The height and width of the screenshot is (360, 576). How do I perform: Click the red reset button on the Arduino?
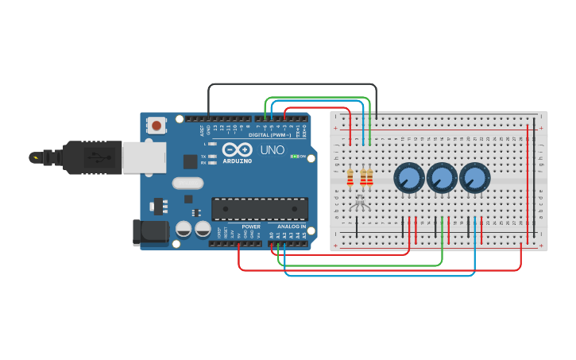pos(157,125)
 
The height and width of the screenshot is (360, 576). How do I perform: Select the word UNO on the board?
pos(273,149)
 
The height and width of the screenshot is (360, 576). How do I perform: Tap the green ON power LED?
pos(295,157)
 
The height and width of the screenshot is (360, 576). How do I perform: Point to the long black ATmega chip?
pos(259,209)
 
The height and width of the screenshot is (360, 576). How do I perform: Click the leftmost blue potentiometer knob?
pos(409,178)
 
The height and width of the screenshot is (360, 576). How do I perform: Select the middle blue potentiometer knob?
pos(442,178)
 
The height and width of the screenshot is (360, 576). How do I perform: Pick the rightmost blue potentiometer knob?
pos(474,178)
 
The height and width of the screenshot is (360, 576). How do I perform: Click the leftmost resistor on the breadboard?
pos(350,177)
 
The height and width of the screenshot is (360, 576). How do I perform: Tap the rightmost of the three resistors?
pos(369,177)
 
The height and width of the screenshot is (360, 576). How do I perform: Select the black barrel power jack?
pos(150,232)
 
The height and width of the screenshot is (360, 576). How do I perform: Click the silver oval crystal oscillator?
pos(187,183)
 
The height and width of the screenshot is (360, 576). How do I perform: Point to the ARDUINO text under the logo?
pos(238,160)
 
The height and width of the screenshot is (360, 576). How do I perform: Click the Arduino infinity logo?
pos(238,149)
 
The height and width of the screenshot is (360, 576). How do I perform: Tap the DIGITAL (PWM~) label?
pos(269,135)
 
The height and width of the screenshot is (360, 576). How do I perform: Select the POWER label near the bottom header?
pos(251,226)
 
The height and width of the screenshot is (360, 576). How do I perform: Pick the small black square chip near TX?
pos(191,161)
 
